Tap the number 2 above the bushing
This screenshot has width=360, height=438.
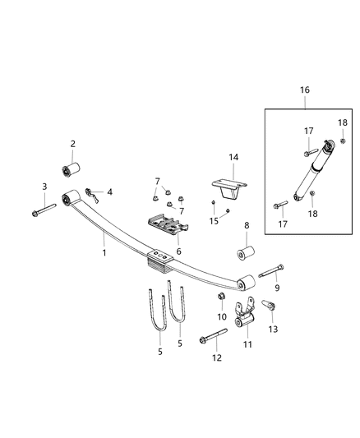click(72, 145)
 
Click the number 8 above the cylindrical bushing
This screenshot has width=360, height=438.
click(246, 224)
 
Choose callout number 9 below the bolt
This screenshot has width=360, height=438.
click(277, 288)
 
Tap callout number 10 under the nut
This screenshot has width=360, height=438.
click(221, 316)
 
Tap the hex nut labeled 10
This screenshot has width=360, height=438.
click(220, 296)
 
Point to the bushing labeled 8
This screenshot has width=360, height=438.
click(245, 249)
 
